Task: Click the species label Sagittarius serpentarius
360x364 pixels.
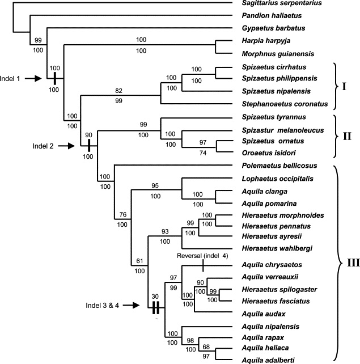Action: (x=274, y=4)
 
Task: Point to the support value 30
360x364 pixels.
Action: (x=155, y=295)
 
